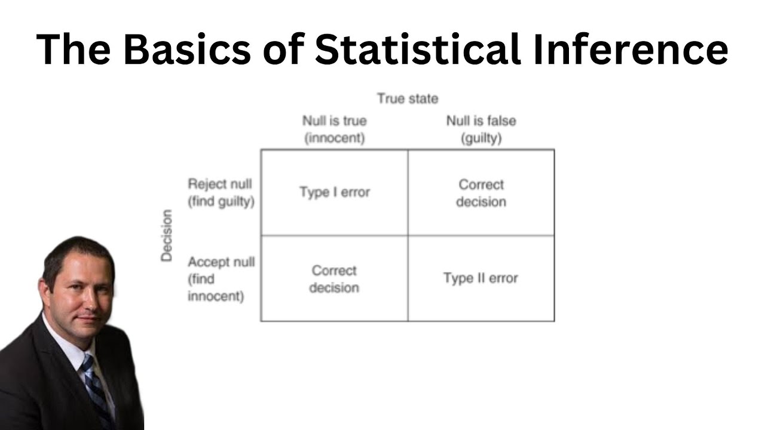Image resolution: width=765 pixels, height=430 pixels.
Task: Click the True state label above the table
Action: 408,99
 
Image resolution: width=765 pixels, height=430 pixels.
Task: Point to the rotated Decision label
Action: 167,235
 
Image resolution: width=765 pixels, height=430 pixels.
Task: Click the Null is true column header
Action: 334,121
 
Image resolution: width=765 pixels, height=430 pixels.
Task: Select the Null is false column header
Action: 481,121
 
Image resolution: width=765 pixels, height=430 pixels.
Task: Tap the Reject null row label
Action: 221,184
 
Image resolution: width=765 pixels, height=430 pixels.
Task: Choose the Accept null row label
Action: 221,262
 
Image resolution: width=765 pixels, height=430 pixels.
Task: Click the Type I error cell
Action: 335,192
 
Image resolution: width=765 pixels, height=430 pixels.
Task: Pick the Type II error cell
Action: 481,278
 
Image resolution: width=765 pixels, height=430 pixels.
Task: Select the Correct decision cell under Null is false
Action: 481,193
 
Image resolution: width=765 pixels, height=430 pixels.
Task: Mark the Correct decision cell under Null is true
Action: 334,279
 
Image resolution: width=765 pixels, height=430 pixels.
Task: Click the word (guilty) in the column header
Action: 481,138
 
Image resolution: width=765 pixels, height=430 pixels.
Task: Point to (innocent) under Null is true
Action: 334,138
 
